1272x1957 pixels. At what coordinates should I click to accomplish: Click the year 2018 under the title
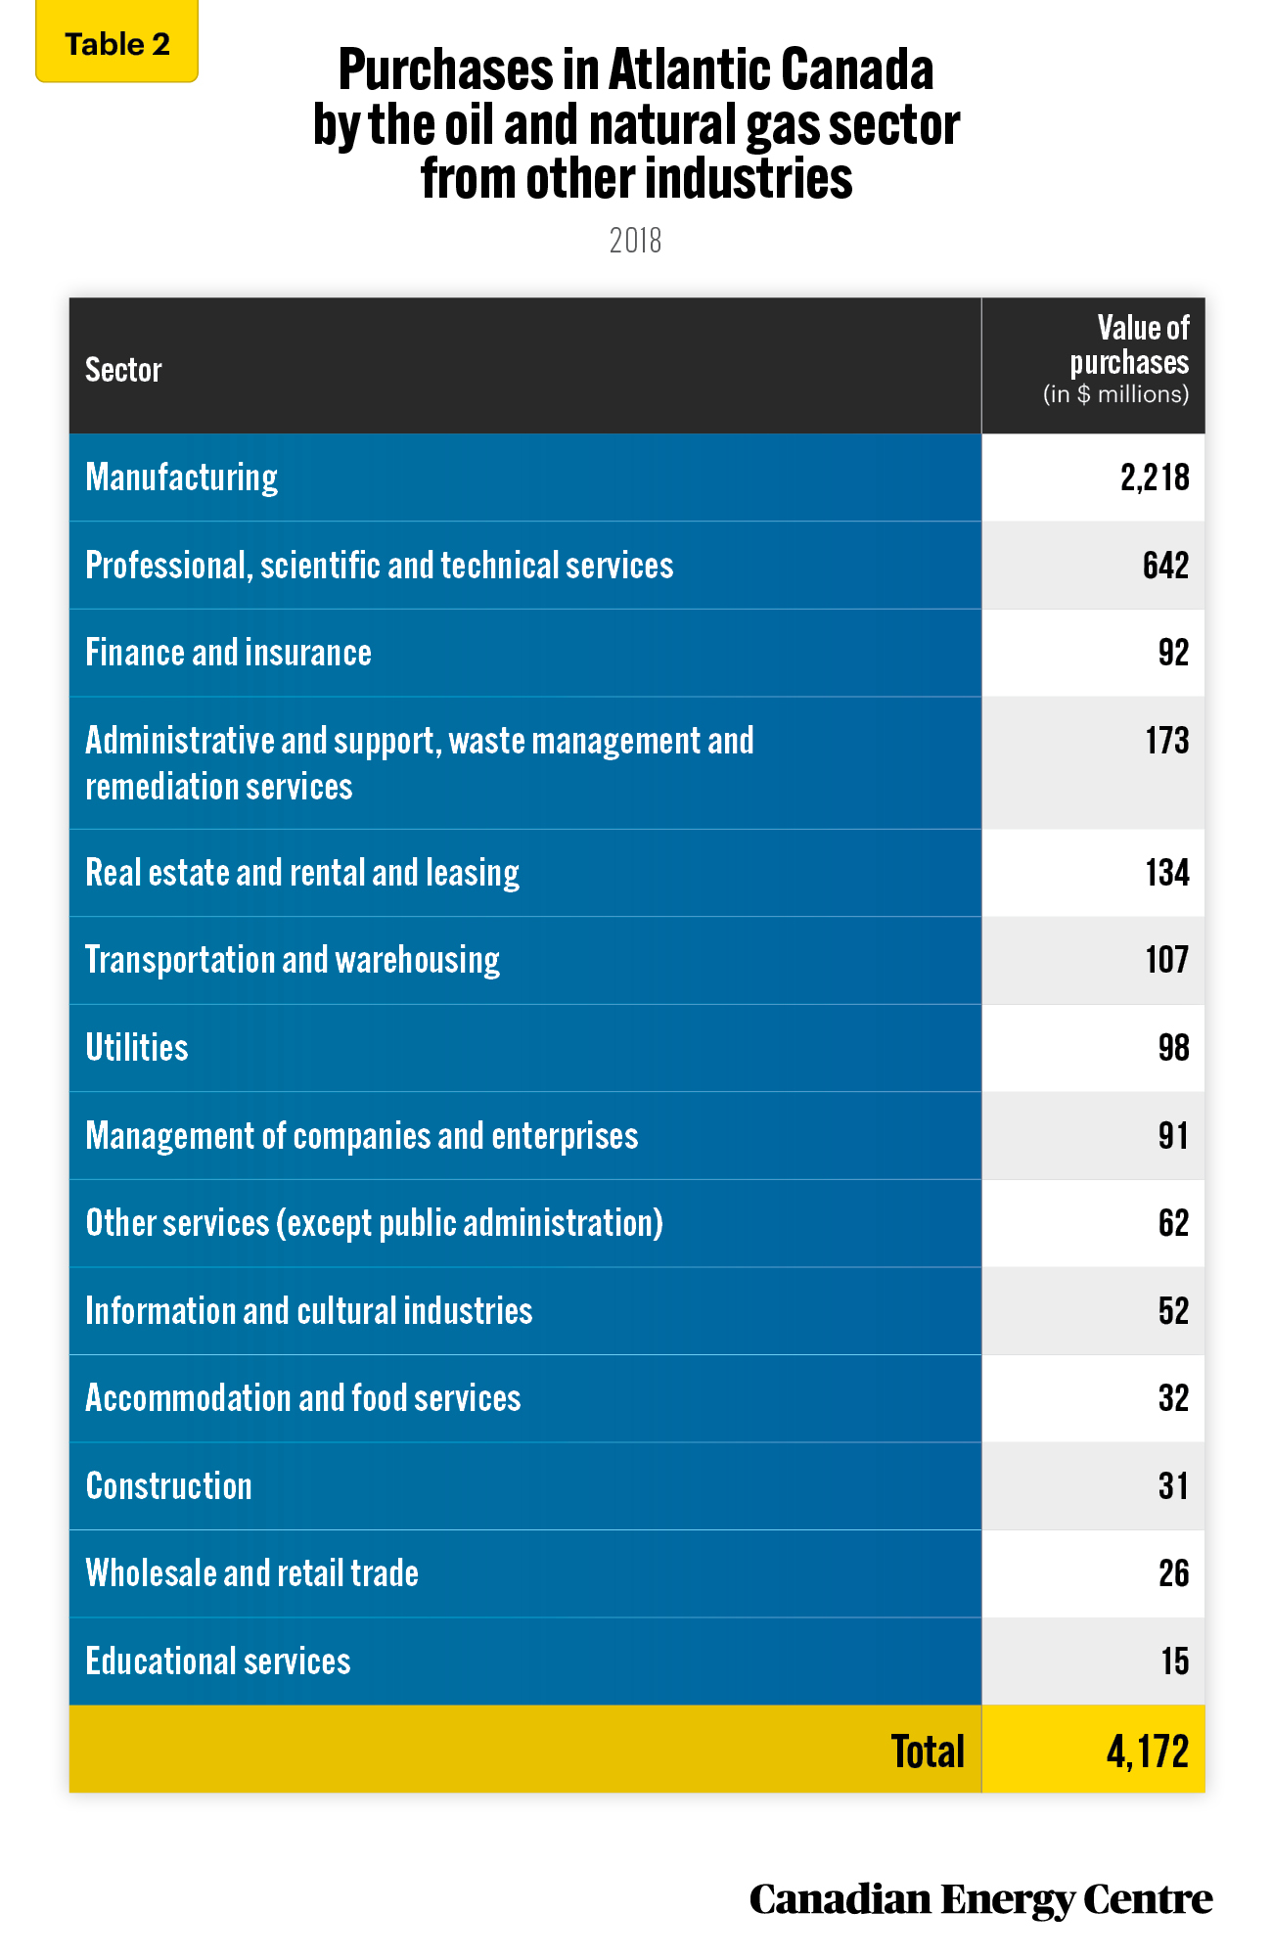pyautogui.click(x=636, y=241)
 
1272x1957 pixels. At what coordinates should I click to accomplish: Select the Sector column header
pyautogui.click(x=123, y=370)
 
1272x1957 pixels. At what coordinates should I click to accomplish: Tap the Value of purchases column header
pyautogui.click(x=1116, y=359)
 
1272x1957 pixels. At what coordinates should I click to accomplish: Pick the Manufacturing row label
pyautogui.click(x=182, y=478)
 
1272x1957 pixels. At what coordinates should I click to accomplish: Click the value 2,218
pyautogui.click(x=1155, y=478)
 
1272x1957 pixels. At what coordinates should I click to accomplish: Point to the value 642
pyautogui.click(x=1166, y=566)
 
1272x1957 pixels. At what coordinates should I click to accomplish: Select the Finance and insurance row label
pyautogui.click(x=228, y=653)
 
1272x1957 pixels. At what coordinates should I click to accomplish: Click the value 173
pyautogui.click(x=1167, y=741)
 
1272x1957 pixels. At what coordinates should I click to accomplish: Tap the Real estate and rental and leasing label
pyautogui.click(x=302, y=873)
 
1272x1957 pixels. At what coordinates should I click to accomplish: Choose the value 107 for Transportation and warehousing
pyautogui.click(x=1167, y=960)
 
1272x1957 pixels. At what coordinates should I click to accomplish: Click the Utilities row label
pyautogui.click(x=137, y=1048)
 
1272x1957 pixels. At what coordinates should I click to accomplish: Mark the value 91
pyautogui.click(x=1173, y=1135)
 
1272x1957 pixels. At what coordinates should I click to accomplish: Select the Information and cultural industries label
pyautogui.click(x=309, y=1311)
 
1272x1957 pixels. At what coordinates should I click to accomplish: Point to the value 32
pyautogui.click(x=1174, y=1398)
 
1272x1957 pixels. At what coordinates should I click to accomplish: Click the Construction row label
pyautogui.click(x=168, y=1486)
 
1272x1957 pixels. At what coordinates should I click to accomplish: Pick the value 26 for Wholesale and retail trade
pyautogui.click(x=1174, y=1573)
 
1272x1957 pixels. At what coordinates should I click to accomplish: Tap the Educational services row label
pyautogui.click(x=218, y=1661)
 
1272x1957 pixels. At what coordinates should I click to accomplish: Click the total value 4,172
pyautogui.click(x=1148, y=1752)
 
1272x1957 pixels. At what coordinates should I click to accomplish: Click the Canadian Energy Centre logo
pyautogui.click(x=980, y=1899)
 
